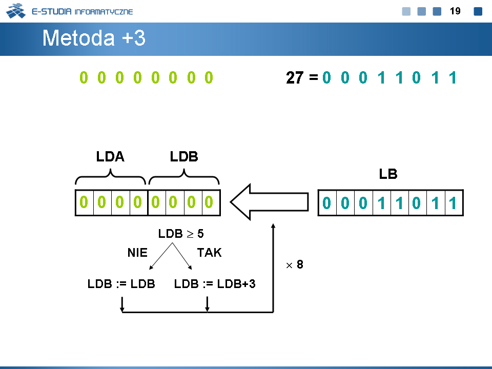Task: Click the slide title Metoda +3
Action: [94, 38]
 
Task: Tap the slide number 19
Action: [455, 11]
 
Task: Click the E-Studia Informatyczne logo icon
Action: [16, 11]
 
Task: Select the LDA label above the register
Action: [110, 157]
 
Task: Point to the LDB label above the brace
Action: [184, 157]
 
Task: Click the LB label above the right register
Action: [388, 174]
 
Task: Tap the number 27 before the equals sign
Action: [295, 77]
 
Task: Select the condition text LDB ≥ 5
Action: [181, 234]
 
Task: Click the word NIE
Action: [137, 253]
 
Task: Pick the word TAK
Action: [209, 253]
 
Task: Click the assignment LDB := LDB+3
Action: [215, 283]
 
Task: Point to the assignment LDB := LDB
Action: [121, 283]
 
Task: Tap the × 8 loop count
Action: [295, 264]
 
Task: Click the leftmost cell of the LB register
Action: [327, 203]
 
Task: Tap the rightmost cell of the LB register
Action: [454, 203]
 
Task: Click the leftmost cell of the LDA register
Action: [85, 203]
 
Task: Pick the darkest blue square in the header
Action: [478, 11]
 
